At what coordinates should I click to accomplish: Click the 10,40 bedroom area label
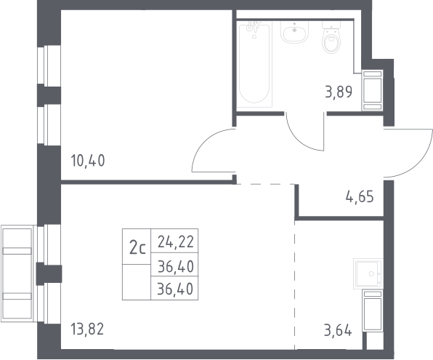[88, 161]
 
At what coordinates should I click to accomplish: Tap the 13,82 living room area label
[87, 329]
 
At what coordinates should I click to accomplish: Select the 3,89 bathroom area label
[339, 92]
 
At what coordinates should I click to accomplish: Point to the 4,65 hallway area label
[360, 197]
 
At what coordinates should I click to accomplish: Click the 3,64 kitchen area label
[338, 330]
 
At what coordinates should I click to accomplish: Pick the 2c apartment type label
[137, 248]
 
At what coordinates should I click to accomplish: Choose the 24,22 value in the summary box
[176, 242]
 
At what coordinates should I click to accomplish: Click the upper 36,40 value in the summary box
[176, 267]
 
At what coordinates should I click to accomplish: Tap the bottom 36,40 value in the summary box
[175, 289]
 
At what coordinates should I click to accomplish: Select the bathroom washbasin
[294, 32]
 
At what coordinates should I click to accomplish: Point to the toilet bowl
[331, 41]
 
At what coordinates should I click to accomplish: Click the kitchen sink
[368, 273]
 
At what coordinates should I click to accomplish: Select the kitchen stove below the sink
[373, 311]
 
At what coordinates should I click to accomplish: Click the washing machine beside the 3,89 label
[373, 90]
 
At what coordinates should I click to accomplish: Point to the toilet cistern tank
[331, 25]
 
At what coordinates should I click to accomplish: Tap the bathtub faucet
[254, 27]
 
